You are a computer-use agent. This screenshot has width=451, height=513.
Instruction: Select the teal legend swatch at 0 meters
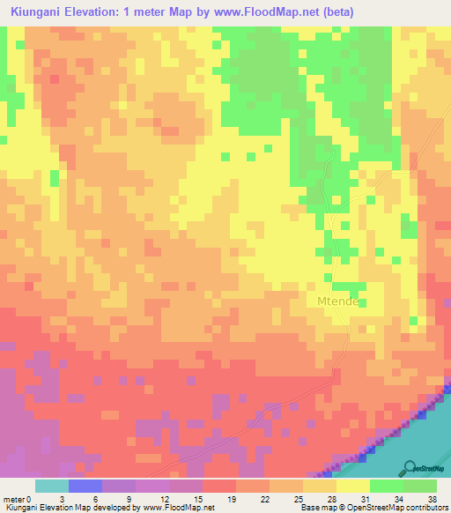[x=52, y=486]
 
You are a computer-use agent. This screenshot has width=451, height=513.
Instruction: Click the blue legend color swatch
[x=85, y=486]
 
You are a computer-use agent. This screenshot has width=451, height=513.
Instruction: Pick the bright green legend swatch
[x=387, y=486]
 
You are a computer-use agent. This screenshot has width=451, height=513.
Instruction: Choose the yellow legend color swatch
[x=353, y=486]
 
